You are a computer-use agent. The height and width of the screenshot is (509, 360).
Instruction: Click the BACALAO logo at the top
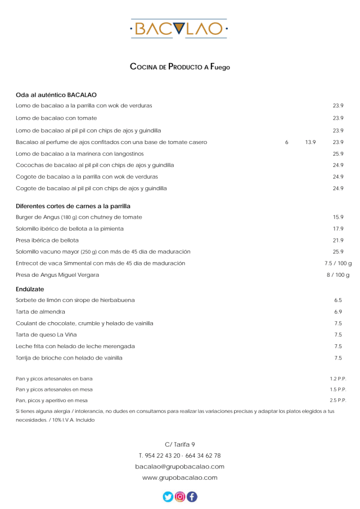[179, 29]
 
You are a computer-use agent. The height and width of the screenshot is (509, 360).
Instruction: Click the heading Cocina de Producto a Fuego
[180, 67]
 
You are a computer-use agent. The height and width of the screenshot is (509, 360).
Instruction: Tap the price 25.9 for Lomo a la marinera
[338, 154]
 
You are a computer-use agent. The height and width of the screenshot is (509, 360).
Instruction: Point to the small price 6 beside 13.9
[287, 142]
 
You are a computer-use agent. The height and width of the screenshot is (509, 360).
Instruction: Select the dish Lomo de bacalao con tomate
[56, 118]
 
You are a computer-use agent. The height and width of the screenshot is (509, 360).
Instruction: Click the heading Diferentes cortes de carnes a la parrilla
[73, 206]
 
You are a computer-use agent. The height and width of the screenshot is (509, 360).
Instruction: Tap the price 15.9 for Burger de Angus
[338, 217]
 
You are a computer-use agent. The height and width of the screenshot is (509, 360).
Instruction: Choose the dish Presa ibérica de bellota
[47, 240]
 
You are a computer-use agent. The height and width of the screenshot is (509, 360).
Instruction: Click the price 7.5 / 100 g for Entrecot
[338, 263]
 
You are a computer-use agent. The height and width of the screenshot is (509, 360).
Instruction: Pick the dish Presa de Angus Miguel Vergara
[57, 274]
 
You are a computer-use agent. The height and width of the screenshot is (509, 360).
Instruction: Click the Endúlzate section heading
[30, 289]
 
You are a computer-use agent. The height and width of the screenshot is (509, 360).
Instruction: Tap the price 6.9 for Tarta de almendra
[338, 312]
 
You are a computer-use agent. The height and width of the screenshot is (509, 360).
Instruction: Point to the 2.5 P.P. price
[338, 400]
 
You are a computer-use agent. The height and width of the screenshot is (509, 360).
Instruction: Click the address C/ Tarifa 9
[180, 444]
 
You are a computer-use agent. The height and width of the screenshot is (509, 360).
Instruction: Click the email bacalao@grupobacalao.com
[180, 467]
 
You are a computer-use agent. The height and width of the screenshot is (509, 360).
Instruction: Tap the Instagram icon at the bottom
[180, 497]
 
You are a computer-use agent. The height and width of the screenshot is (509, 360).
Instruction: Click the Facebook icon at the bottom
[192, 497]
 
